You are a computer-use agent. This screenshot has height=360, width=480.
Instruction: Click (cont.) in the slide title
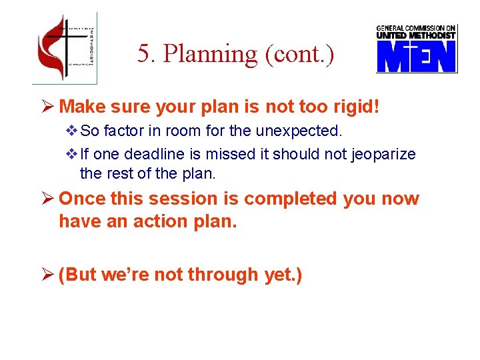299,54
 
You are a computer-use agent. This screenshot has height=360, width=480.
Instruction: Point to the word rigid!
355,106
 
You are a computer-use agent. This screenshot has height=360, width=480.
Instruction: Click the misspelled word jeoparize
381,155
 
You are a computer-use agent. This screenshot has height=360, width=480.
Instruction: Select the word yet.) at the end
283,275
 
